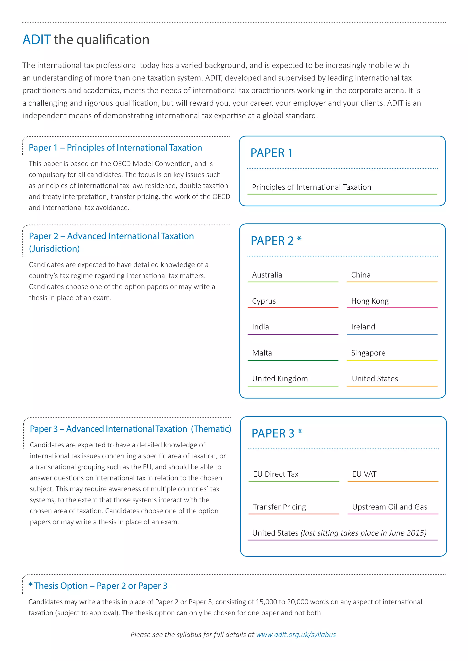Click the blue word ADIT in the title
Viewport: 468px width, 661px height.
(37, 39)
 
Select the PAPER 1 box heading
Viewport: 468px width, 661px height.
(271, 153)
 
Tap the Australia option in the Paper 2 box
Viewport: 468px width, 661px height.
(267, 275)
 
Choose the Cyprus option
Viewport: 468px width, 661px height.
(264, 301)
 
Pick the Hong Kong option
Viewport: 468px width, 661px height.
(370, 301)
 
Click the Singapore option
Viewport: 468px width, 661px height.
(368, 353)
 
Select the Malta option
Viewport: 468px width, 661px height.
(262, 353)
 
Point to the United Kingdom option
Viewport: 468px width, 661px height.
(280, 379)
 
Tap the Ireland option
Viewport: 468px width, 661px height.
(363, 327)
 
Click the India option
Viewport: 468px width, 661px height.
(260, 327)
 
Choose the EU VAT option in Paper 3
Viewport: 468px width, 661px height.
(364, 474)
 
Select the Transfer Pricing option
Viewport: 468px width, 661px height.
(279, 507)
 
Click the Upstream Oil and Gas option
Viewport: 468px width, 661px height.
(389, 507)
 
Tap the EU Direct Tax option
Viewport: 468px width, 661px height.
(276, 474)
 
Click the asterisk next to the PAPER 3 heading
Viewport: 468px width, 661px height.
(300, 432)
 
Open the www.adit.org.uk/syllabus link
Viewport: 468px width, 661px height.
(296, 635)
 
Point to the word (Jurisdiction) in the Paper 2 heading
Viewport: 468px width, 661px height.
(54, 249)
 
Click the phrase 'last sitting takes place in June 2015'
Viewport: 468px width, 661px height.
(363, 533)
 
